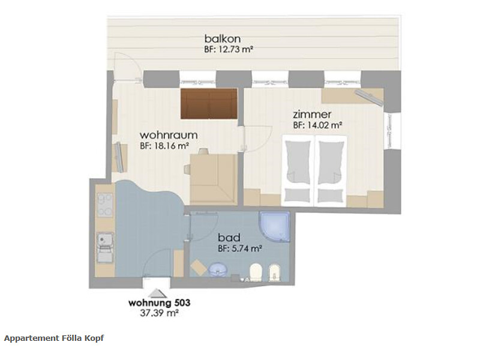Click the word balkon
[x=222, y=39]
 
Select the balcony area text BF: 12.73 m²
[x=229, y=50]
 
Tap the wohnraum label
[x=169, y=135]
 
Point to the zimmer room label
[x=312, y=114]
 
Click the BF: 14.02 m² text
[x=317, y=125]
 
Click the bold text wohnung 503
[x=159, y=303]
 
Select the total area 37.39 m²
[x=159, y=313]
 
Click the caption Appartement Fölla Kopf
[x=54, y=338]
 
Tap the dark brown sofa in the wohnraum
[x=209, y=104]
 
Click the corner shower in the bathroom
[x=274, y=227]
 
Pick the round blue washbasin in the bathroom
[x=218, y=269]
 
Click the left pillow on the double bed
[x=297, y=195]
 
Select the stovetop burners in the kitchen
[x=104, y=204]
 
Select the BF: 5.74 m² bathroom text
[x=239, y=248]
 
